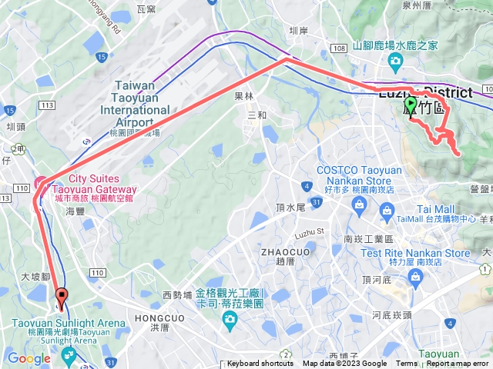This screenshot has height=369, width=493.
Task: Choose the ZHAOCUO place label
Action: tap(287, 251)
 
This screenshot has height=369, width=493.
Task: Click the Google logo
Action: tap(29, 357)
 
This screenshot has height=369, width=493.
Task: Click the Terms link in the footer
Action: tap(407, 364)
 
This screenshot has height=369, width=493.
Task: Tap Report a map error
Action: tap(458, 364)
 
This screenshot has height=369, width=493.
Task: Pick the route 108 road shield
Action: tap(340, 48)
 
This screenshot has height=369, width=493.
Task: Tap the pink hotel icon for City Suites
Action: tap(41, 183)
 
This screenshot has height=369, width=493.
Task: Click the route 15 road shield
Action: tap(102, 57)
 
